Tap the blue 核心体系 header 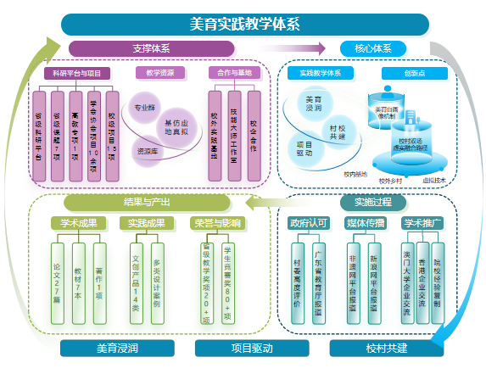coord(371,48)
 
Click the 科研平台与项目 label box coord(77,73)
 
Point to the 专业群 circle coord(142,108)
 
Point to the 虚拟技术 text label coord(434,180)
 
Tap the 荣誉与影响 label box coord(215,224)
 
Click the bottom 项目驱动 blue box coord(245,348)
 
